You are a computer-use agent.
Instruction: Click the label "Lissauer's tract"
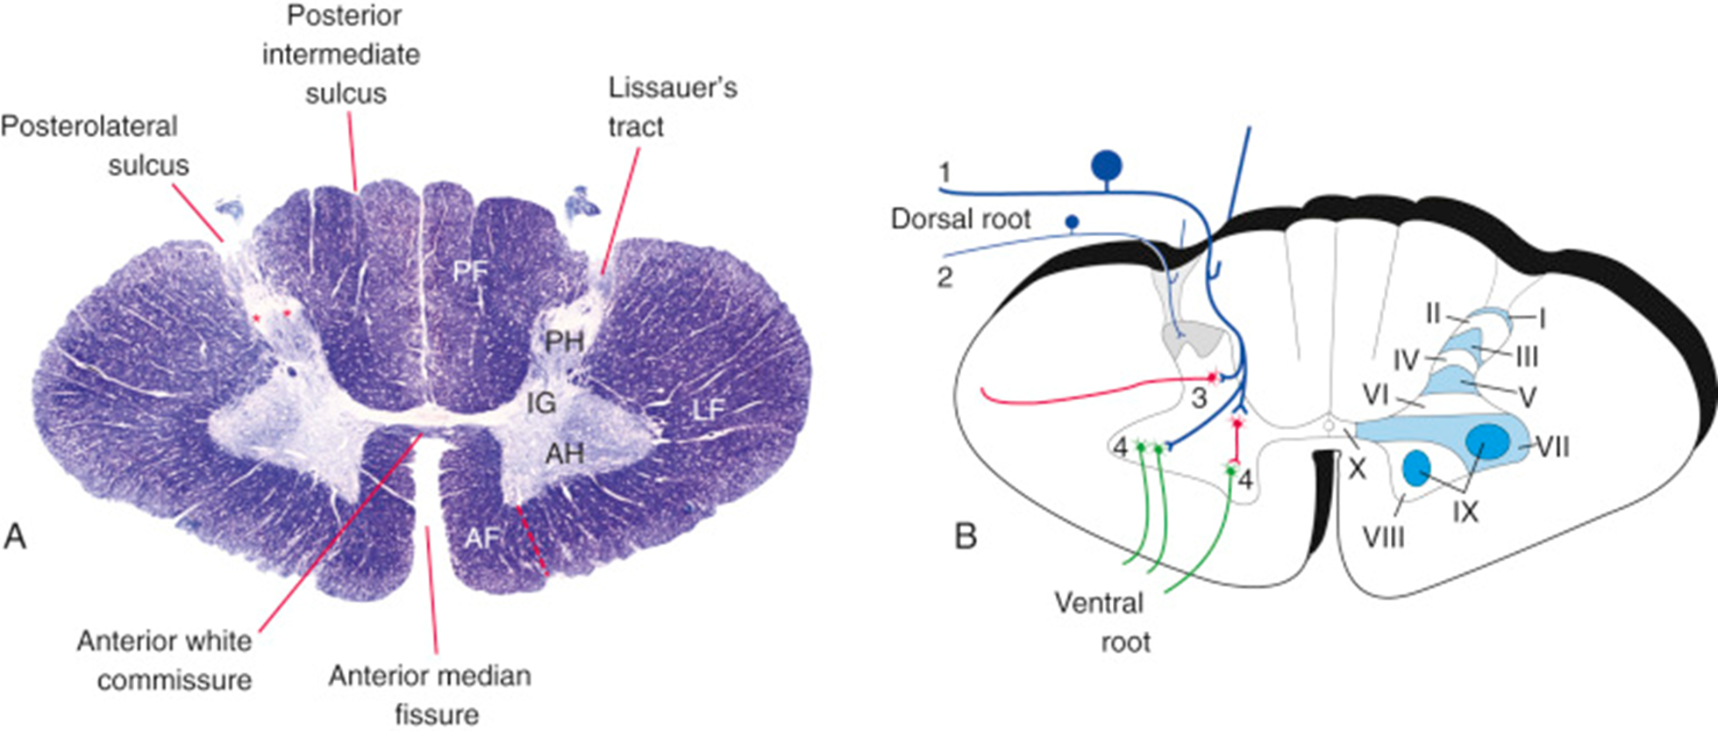coord(672,107)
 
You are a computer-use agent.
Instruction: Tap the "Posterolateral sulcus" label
coord(95,146)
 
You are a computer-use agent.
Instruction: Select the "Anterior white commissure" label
coord(165,660)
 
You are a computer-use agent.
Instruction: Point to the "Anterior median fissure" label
coord(431,694)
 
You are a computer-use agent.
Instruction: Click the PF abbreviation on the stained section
coord(470,272)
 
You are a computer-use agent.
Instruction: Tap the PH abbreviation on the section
coord(564,340)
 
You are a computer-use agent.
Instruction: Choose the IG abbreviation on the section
coord(541,403)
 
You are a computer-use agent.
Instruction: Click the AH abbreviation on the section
coord(564,453)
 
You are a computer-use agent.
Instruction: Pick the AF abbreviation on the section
coord(481,537)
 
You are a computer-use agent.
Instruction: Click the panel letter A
coord(15,535)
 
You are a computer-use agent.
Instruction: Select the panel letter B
coord(966,535)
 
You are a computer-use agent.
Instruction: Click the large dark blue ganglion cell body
coord(1107,164)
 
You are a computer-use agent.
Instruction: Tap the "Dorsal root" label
coord(960,219)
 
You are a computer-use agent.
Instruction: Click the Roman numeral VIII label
coord(1383,535)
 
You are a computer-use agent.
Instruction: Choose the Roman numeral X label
coord(1358,469)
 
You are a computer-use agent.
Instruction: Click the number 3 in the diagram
coord(1199,398)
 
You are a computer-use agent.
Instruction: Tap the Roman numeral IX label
coord(1465,511)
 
